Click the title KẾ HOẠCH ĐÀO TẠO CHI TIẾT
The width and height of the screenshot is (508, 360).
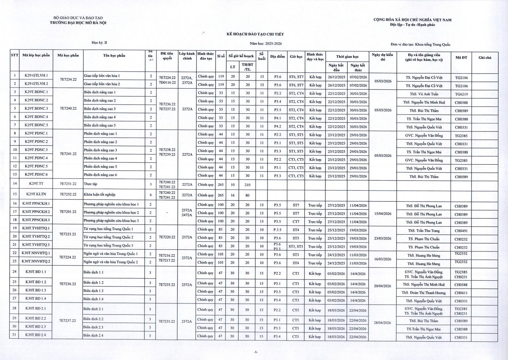255,34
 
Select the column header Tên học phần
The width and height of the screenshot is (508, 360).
114,56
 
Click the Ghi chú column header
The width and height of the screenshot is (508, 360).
485,58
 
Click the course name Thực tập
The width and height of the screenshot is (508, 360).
90,184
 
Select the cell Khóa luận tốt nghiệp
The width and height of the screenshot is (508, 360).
99,194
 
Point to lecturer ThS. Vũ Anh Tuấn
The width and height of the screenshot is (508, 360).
424,94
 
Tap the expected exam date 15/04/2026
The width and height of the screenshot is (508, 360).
383,214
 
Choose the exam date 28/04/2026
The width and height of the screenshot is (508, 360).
383,323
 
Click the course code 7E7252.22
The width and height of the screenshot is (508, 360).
68,194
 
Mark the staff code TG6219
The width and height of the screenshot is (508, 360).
461,94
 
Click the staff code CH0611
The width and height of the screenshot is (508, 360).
461,293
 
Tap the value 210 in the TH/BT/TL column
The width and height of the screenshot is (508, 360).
247,185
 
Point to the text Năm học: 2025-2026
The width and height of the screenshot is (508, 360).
266,44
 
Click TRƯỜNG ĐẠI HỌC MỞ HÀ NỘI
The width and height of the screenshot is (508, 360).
78,23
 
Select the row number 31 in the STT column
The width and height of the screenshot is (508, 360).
14,335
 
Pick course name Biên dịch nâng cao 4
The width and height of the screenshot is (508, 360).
100,117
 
